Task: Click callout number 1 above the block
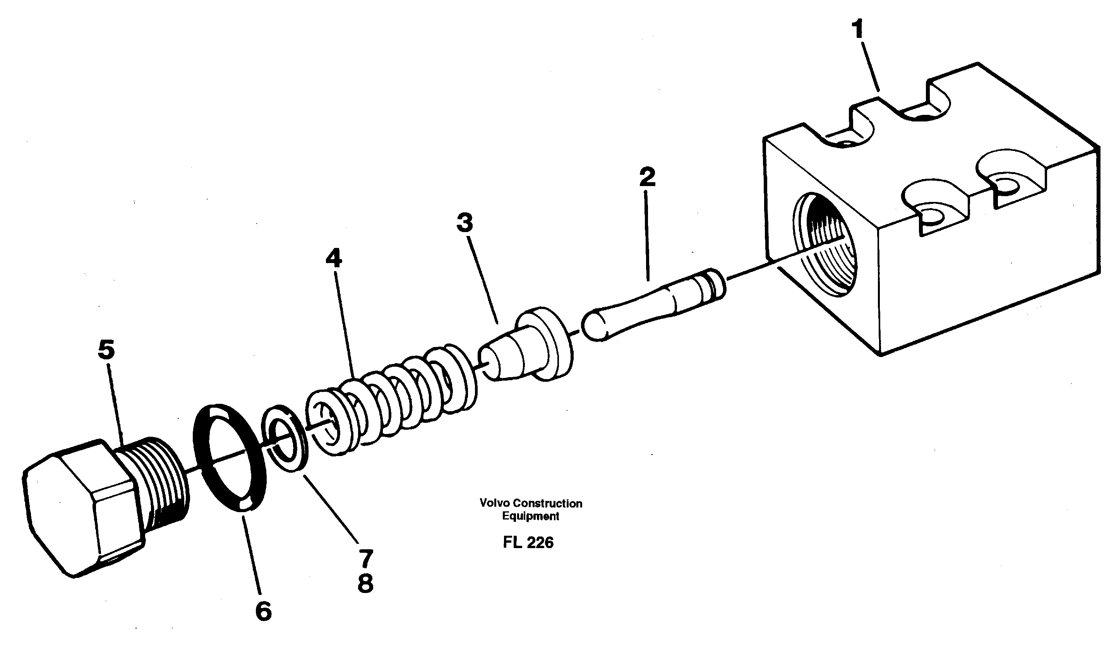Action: click(x=858, y=29)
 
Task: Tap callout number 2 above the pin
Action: click(x=647, y=176)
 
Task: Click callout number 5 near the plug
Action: click(x=106, y=349)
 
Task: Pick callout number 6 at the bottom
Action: click(x=263, y=611)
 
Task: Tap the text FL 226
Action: click(x=528, y=542)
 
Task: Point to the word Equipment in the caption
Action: click(x=530, y=516)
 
